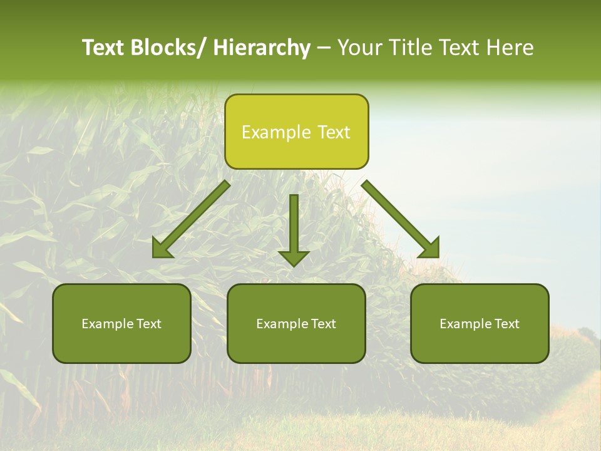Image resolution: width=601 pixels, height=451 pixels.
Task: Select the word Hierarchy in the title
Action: (261, 48)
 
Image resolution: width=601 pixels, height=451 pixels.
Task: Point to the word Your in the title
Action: (358, 48)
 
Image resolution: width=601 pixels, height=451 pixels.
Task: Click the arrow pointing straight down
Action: (294, 225)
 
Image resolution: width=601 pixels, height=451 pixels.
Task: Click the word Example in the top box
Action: (276, 132)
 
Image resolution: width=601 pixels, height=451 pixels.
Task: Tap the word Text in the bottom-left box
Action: (150, 324)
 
